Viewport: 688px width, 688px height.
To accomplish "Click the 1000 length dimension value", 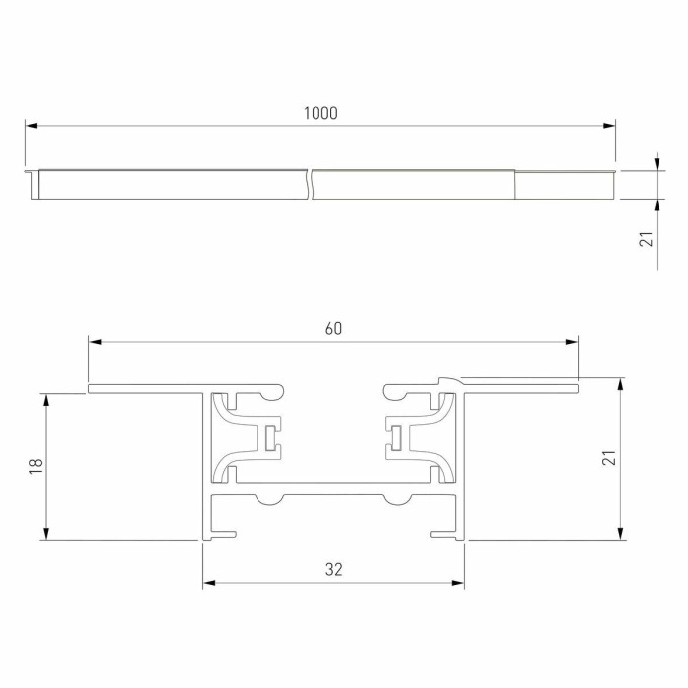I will click(x=320, y=113).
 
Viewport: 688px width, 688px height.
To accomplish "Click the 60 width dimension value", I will click(x=333, y=329).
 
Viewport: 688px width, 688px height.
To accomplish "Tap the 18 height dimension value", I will click(x=36, y=466).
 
